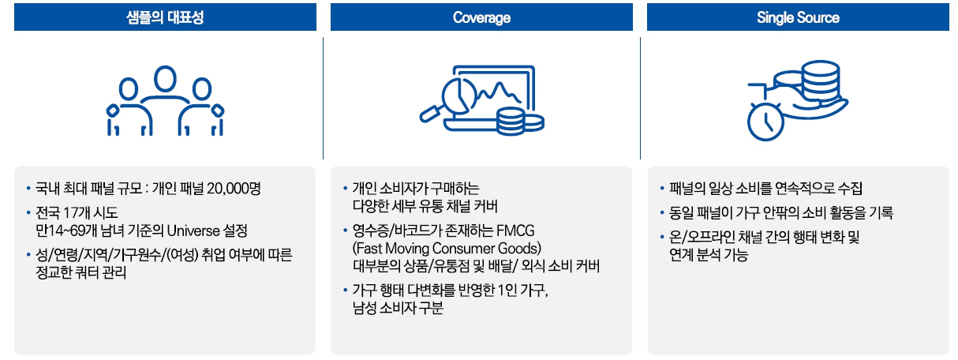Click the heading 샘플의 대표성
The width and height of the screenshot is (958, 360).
165,17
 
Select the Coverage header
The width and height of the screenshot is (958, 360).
481,17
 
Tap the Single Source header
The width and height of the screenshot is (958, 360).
798,17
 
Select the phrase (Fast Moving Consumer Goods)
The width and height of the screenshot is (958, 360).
447,249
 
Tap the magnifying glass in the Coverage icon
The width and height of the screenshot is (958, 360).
432,111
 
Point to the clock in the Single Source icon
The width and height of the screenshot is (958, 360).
764,122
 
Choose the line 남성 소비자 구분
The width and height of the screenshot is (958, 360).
398,308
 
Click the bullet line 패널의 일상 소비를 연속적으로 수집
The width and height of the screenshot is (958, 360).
765,189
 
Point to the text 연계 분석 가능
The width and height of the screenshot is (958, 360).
708,255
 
